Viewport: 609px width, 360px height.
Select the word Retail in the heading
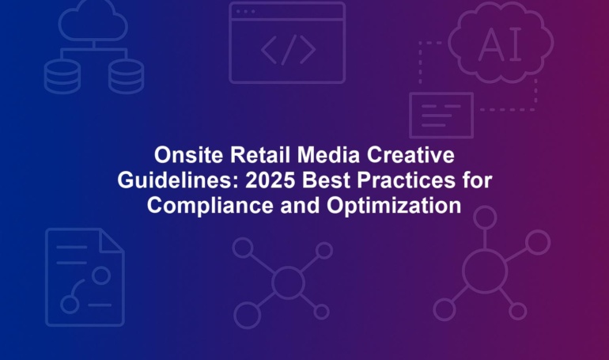(x=260, y=155)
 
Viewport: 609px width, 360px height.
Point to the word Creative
(x=411, y=155)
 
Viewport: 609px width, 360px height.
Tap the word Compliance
(x=210, y=206)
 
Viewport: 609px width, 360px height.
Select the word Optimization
(x=394, y=206)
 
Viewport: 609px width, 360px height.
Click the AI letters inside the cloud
(x=500, y=45)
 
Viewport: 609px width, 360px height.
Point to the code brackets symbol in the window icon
(x=288, y=50)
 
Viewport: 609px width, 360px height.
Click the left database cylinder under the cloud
(x=62, y=77)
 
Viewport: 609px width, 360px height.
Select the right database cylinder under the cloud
(x=126, y=77)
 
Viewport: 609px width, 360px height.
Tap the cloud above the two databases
(x=93, y=21)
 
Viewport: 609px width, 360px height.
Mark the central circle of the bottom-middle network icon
(x=288, y=282)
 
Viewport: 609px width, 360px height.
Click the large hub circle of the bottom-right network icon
(x=485, y=271)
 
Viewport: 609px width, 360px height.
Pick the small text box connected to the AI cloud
(x=441, y=116)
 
